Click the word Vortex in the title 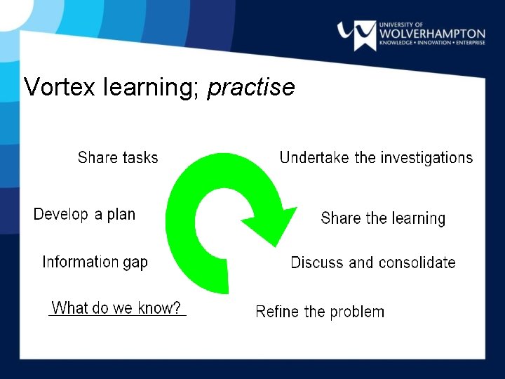[x=60, y=87]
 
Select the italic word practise [x=251, y=88]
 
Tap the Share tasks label [x=118, y=158]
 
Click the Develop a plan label [x=84, y=214]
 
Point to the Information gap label [x=95, y=262]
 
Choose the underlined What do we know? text [x=116, y=308]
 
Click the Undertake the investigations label [x=376, y=158]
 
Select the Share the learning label [x=383, y=218]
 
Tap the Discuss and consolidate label [x=373, y=262]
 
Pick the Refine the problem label [x=320, y=312]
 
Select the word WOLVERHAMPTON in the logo [x=432, y=33]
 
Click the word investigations [x=426, y=158]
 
